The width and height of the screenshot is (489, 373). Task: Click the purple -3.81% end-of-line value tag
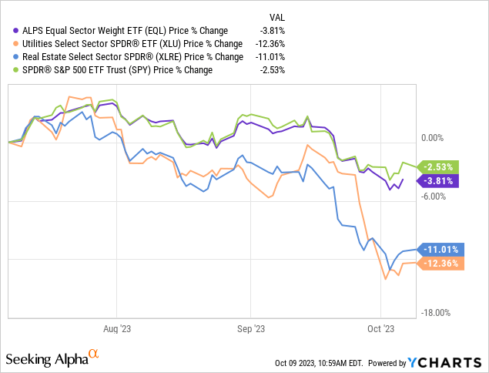(x=438, y=181)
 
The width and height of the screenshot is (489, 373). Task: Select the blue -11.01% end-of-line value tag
(x=438, y=249)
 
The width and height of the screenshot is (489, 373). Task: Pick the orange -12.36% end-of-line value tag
(x=438, y=264)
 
